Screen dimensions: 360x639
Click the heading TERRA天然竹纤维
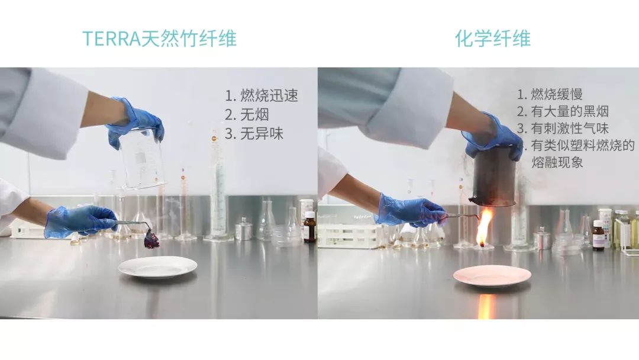(x=159, y=38)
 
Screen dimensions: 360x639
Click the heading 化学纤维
(x=492, y=38)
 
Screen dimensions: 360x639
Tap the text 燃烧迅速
(x=269, y=96)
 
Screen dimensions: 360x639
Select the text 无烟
(x=255, y=115)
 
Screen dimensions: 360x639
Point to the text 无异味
(x=262, y=134)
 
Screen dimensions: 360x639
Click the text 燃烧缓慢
(x=557, y=94)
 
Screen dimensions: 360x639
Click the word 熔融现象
(x=557, y=162)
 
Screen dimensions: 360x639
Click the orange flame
(x=484, y=226)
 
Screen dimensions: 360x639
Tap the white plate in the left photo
(x=157, y=267)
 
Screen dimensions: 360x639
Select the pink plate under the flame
(x=492, y=275)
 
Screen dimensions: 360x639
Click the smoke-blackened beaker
(x=493, y=176)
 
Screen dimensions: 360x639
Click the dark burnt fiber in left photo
(x=151, y=240)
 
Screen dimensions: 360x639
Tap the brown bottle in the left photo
(x=309, y=227)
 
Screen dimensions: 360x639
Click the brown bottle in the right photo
(x=599, y=235)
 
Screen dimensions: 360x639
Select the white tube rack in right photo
(x=348, y=235)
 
